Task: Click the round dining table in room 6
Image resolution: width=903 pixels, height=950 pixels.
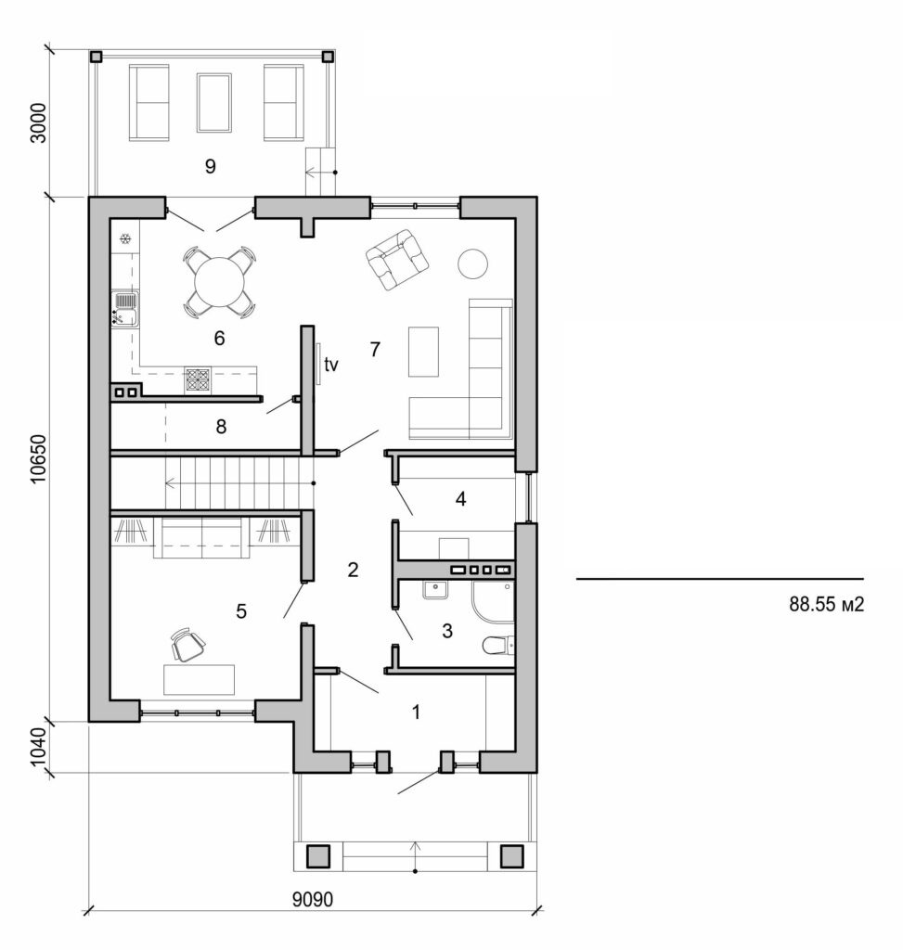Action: [x=221, y=280]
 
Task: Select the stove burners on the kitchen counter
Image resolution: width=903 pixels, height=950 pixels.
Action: [x=198, y=378]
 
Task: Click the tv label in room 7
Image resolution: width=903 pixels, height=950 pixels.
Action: [x=329, y=365]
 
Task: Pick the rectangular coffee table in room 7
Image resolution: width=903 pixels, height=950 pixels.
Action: [x=424, y=351]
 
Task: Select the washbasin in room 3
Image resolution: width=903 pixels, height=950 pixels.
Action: [x=434, y=588]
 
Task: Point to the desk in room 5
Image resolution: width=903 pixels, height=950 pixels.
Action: [x=200, y=679]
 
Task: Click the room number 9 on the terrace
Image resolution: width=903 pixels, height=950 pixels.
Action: [x=210, y=167]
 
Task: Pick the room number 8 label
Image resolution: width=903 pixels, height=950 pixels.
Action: [x=221, y=428]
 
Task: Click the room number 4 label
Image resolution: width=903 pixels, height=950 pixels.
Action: [x=460, y=499]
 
